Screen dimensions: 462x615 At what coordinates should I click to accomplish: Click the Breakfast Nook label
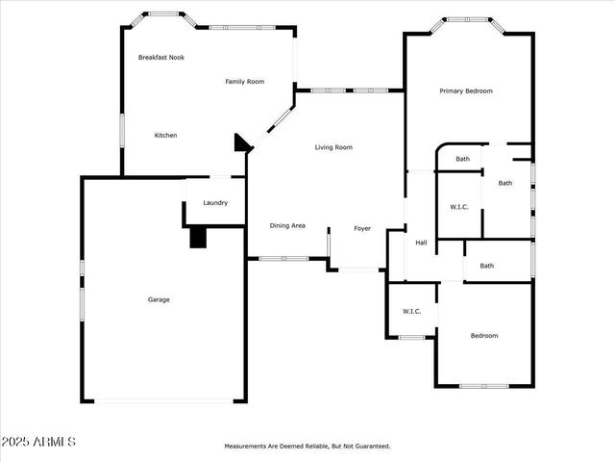pyautogui.click(x=161, y=58)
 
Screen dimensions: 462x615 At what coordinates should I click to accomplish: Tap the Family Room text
pyautogui.click(x=245, y=82)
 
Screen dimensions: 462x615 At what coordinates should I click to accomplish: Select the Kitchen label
pyautogui.click(x=166, y=136)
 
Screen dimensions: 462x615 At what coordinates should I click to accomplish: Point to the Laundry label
pyautogui.click(x=215, y=203)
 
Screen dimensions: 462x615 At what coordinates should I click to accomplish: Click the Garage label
pyautogui.click(x=159, y=299)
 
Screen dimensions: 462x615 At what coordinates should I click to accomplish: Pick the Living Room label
pyautogui.click(x=333, y=147)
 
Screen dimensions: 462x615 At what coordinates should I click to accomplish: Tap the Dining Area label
pyautogui.click(x=287, y=225)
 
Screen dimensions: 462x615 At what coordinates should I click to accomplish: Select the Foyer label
pyautogui.click(x=362, y=228)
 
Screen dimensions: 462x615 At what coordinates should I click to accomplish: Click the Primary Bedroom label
pyautogui.click(x=466, y=91)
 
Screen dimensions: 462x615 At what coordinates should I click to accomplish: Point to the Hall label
pyautogui.click(x=421, y=243)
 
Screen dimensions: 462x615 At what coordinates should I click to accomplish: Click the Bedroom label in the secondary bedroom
pyautogui.click(x=484, y=336)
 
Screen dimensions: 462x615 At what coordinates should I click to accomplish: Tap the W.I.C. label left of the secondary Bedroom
pyautogui.click(x=411, y=311)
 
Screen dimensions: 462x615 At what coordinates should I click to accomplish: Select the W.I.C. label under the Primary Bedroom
pyautogui.click(x=459, y=207)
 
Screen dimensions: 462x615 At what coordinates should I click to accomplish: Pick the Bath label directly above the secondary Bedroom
pyautogui.click(x=487, y=266)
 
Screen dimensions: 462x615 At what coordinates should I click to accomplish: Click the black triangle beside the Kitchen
pyautogui.click(x=241, y=143)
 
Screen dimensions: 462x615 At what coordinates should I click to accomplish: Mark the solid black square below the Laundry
pyautogui.click(x=198, y=238)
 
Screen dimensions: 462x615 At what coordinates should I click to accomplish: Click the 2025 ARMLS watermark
pyautogui.click(x=38, y=442)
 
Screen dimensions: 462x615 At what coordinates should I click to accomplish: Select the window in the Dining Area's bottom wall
pyautogui.click(x=283, y=258)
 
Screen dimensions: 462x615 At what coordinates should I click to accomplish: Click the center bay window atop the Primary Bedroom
pyautogui.click(x=470, y=19)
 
